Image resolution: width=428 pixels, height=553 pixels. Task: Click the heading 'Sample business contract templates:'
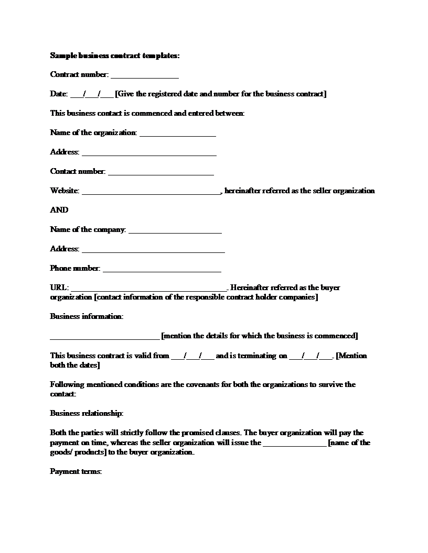tap(115, 56)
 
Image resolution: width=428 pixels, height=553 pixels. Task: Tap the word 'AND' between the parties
tap(59, 210)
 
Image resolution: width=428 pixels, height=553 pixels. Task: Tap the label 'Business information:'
tap(87, 317)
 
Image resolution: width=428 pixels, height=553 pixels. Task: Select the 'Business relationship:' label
tap(87, 414)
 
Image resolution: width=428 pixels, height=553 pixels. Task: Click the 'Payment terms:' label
tap(76, 472)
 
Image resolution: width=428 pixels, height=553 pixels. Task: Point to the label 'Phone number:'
tap(75, 269)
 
